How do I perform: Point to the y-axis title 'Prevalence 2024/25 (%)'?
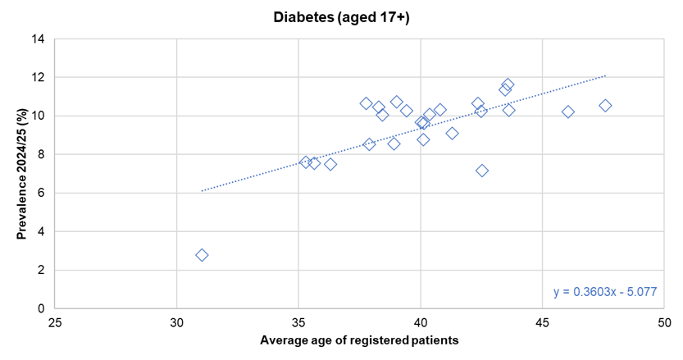(23, 174)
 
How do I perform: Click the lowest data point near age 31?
(202, 255)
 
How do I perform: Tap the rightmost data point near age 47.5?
(605, 105)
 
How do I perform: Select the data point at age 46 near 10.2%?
(568, 112)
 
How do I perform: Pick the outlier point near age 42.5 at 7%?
(482, 171)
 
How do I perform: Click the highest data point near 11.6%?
(508, 84)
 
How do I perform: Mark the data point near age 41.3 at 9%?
(452, 133)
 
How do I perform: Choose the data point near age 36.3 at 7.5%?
(330, 164)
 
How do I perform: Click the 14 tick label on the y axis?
(39, 39)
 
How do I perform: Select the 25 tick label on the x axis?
(54, 323)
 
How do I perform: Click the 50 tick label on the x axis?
(664, 323)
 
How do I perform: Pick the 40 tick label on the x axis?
(420, 323)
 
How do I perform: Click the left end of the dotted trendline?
(202, 191)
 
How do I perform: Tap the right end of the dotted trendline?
(605, 75)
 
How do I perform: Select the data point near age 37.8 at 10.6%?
(367, 103)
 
